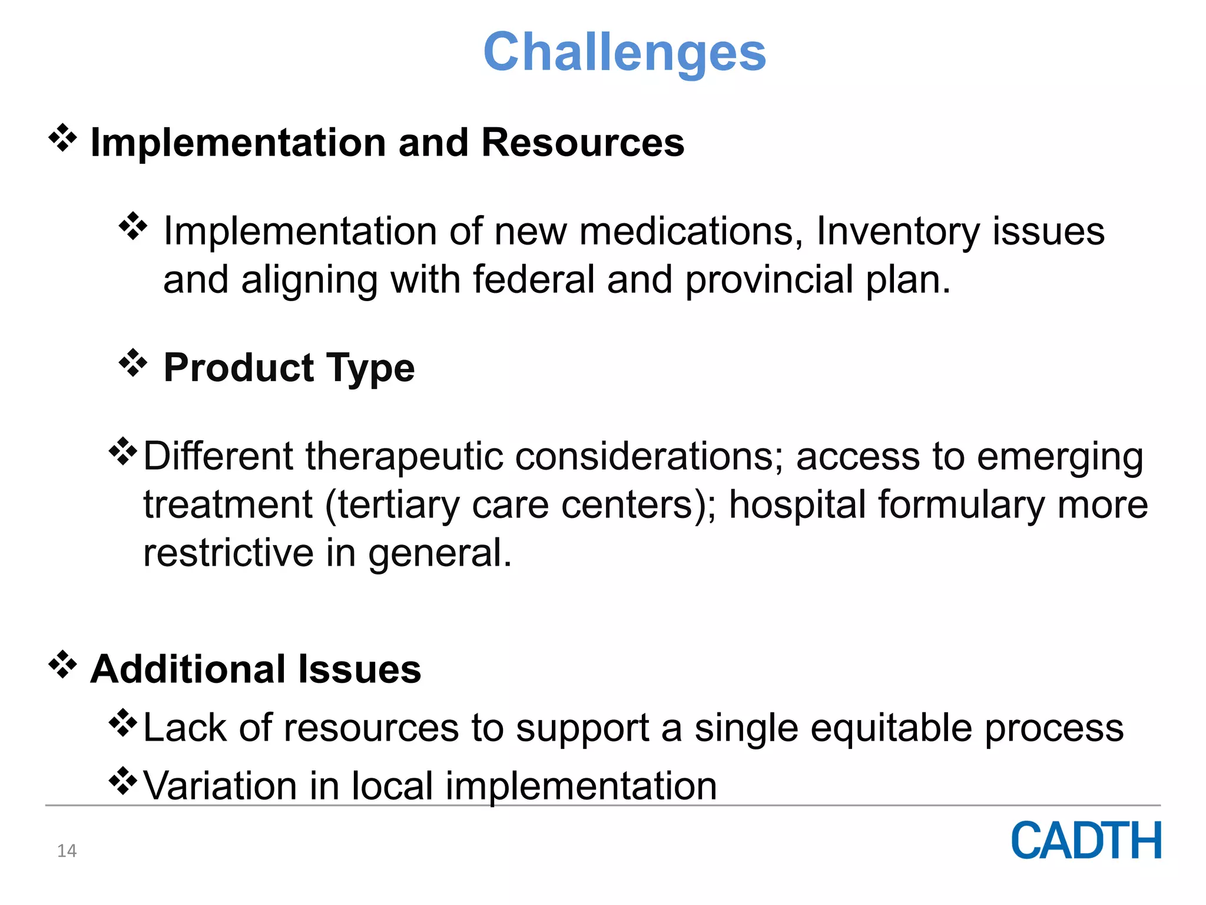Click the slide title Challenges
pos(624,53)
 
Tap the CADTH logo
pos(1086,841)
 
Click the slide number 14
pos(67,851)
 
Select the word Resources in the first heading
pos(582,143)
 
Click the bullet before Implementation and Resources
pos(62,139)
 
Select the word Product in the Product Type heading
pos(238,368)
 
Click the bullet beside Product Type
pos(133,363)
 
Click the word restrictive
pos(228,553)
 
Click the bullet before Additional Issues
pos(62,665)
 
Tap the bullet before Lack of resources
pos(122,723)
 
